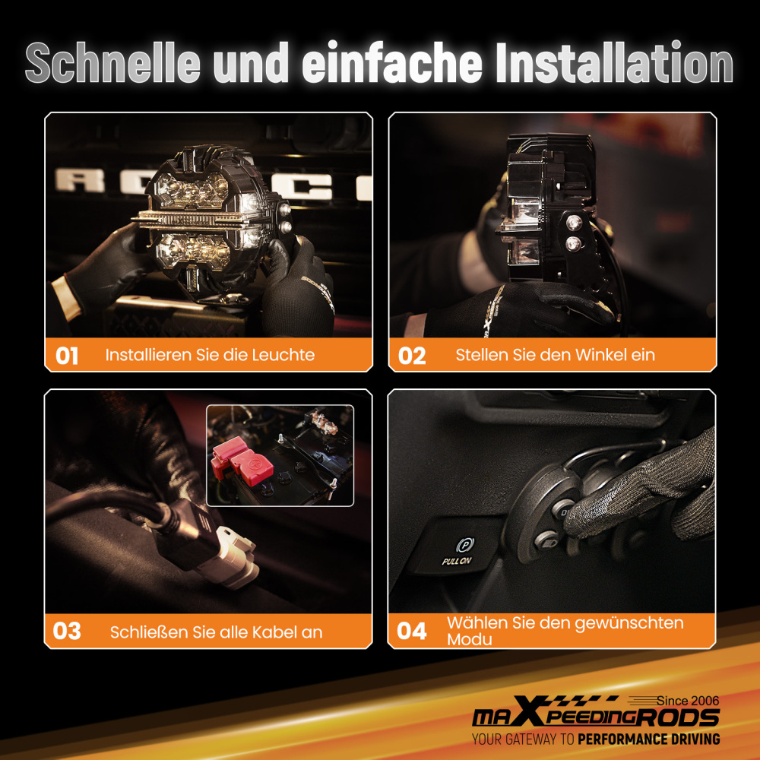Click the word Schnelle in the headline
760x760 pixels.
pyautogui.click(x=112, y=62)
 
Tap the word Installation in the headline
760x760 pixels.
pyautogui.click(x=615, y=62)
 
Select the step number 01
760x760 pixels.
pyautogui.click(x=67, y=356)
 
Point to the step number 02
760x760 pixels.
pyautogui.click(x=412, y=356)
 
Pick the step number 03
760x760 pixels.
pyautogui.click(x=67, y=631)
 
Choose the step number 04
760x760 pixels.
pyautogui.click(x=412, y=631)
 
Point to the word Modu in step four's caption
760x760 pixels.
pyautogui.click(x=469, y=640)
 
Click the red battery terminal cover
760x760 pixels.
pyautogui.click(x=242, y=461)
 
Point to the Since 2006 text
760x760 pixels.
pyautogui.click(x=688, y=701)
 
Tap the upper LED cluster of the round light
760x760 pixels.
pyautogui.click(x=192, y=190)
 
